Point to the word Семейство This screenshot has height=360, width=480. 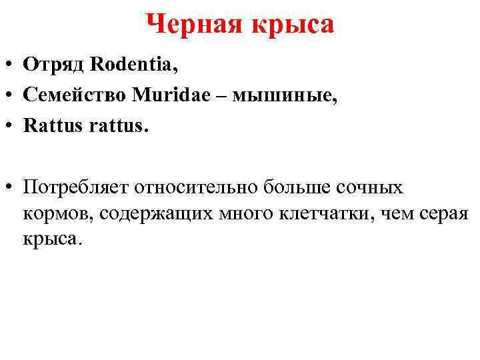pos(75,95)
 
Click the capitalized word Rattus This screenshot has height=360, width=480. pos(49,126)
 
